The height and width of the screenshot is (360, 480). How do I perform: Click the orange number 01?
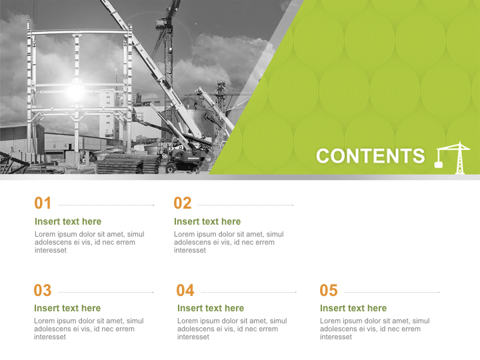tap(43, 203)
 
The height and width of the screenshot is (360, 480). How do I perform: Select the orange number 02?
tap(183, 203)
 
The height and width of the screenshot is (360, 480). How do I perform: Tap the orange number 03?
tap(43, 291)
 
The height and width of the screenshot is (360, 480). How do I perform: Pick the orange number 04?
tap(185, 291)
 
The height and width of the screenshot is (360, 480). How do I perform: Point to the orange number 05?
tap(329, 291)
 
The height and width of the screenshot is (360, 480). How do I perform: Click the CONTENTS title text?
tap(370, 156)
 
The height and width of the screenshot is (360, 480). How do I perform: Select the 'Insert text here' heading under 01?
tap(68, 221)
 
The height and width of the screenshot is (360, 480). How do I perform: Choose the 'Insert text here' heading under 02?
tap(207, 221)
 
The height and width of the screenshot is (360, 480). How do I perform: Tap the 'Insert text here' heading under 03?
tap(67, 308)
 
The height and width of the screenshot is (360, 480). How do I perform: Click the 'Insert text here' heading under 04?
tap(211, 308)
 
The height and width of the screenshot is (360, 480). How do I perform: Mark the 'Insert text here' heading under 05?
tap(353, 308)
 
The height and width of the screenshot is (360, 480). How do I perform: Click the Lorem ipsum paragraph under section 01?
tap(89, 242)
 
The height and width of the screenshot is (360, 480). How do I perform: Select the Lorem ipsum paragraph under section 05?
tap(375, 329)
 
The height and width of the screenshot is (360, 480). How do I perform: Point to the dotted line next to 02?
tap(245, 205)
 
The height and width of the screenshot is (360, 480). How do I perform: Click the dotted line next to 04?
tap(249, 292)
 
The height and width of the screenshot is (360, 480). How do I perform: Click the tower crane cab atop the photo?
tap(162, 23)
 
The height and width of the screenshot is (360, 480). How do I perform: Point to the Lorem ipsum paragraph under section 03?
tap(89, 329)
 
